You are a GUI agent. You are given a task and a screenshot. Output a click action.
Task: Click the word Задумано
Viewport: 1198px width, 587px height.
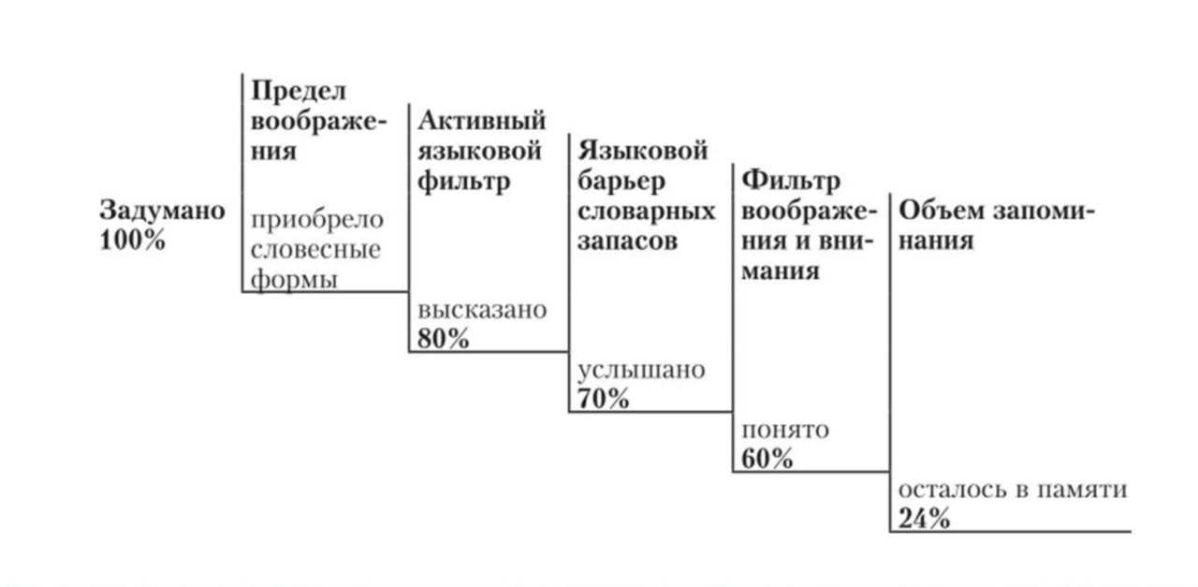click(162, 211)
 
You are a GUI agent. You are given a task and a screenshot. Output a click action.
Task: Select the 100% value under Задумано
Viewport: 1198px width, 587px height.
click(132, 240)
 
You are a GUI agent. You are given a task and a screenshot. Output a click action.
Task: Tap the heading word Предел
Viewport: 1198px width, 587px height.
click(299, 91)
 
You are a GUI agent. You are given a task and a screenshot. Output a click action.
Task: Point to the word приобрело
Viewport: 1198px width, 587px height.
click(317, 220)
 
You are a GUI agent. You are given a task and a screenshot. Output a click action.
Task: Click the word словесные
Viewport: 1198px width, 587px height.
click(316, 250)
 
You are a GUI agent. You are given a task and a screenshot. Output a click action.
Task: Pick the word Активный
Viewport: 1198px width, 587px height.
click(482, 121)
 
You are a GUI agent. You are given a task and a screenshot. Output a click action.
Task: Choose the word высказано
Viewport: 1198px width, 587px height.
click(482, 309)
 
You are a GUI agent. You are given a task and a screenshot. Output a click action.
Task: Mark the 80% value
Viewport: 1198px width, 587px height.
click(444, 339)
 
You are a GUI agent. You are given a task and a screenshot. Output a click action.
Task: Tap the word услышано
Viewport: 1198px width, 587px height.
click(641, 369)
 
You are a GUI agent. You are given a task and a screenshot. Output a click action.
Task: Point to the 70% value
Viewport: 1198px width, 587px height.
click(604, 399)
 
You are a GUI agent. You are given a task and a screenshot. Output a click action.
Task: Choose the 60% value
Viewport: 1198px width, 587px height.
click(767, 459)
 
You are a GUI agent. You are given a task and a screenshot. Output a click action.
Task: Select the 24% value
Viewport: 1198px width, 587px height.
click(925, 519)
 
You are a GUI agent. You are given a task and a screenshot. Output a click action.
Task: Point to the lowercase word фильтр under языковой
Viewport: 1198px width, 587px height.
click(463, 181)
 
